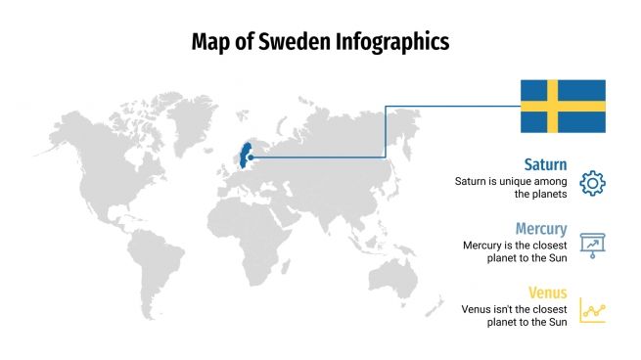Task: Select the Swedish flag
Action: [562, 106]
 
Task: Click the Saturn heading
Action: [545, 164]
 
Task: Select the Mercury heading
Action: [541, 229]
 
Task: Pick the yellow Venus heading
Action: [547, 292]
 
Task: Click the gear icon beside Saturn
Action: [593, 182]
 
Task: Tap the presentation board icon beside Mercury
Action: [593, 246]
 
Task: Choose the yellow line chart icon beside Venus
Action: [593, 310]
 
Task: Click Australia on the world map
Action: [400, 273]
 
